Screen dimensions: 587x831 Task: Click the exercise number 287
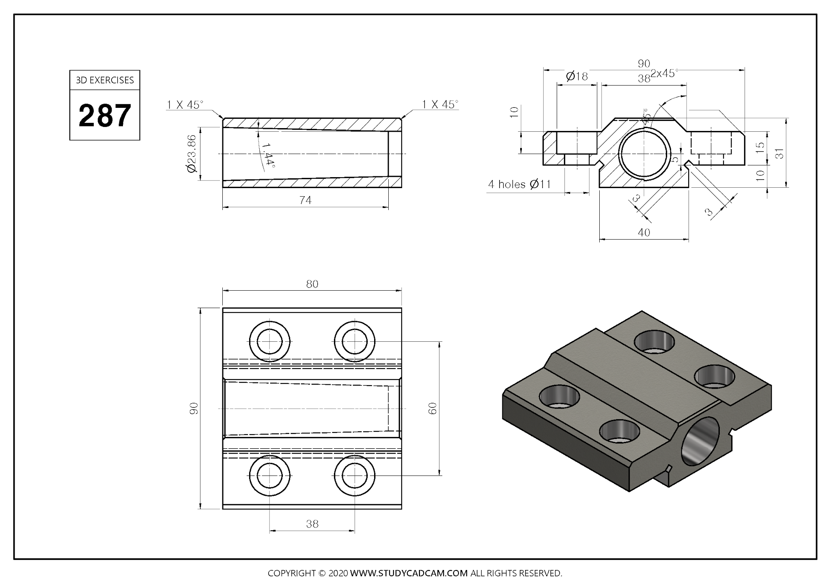[x=105, y=116]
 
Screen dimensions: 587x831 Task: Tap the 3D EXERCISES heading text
[x=105, y=80]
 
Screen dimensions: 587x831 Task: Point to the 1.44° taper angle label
[x=268, y=155]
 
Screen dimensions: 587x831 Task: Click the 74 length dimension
[x=305, y=200]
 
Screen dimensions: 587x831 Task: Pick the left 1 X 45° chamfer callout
[x=184, y=105]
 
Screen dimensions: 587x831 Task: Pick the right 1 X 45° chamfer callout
[x=440, y=105]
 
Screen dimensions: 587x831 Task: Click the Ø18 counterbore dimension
[x=577, y=76]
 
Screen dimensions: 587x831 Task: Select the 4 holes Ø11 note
[x=519, y=184]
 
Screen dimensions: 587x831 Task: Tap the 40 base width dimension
[x=644, y=233]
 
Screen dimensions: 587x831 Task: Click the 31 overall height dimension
[x=779, y=153]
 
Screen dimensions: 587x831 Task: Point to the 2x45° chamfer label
[x=664, y=73]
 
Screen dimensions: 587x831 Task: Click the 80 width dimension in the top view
[x=312, y=284]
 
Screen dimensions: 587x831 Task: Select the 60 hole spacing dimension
[x=433, y=408]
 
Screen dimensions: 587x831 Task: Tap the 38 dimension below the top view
[x=312, y=524]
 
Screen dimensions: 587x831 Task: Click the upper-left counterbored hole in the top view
[x=269, y=341]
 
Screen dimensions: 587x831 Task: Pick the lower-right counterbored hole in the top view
[x=355, y=475]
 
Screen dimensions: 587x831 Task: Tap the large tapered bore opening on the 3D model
[x=700, y=441]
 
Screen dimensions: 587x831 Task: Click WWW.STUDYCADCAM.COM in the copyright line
[x=409, y=573]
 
